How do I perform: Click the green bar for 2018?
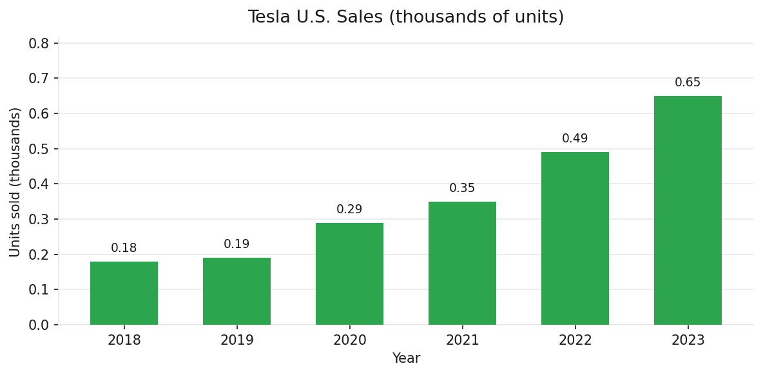click(124, 293)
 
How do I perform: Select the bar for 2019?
click(237, 291)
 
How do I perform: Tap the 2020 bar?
click(349, 274)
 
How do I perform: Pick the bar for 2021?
click(462, 263)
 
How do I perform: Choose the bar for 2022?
click(575, 238)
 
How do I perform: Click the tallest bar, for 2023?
click(688, 210)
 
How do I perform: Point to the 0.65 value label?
click(688, 82)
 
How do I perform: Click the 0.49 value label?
click(575, 139)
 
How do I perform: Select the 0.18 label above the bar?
click(124, 248)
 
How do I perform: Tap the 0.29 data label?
click(349, 209)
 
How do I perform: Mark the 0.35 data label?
click(462, 188)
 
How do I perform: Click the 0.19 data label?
click(237, 244)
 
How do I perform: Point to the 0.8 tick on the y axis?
click(39, 43)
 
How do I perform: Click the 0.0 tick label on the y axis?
click(39, 325)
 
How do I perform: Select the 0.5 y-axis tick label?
click(39, 149)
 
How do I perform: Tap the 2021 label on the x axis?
click(462, 340)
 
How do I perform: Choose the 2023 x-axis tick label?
click(688, 340)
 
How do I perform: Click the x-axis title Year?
click(406, 359)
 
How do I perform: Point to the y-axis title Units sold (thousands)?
click(15, 182)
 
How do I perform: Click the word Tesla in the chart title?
click(266, 17)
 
